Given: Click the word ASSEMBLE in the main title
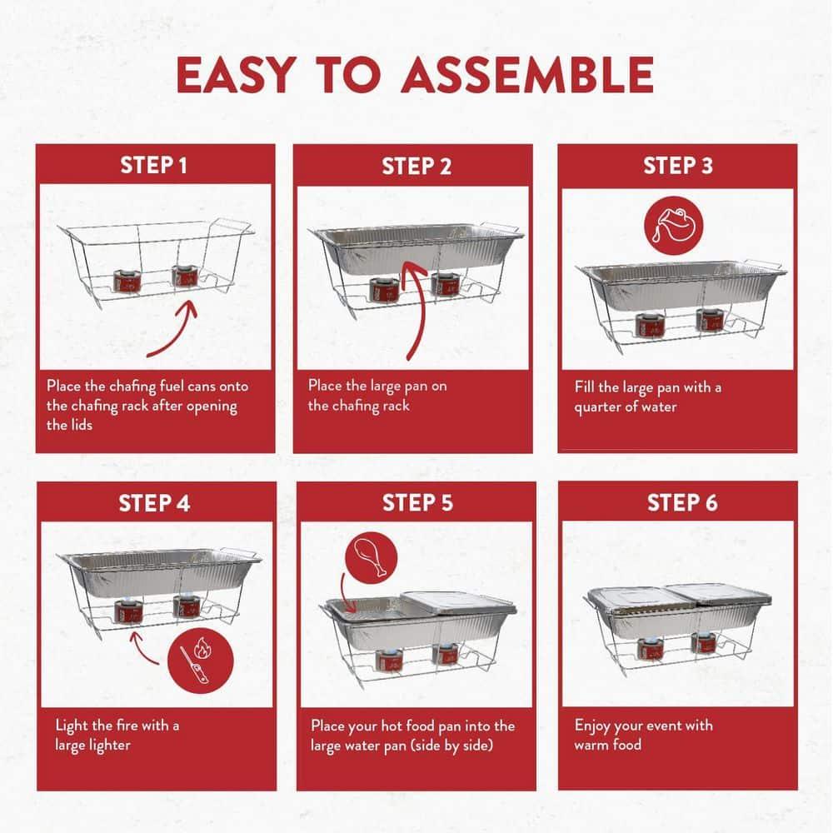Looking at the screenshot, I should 526,75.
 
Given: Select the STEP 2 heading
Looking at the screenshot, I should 416,166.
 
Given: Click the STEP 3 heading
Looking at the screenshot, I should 678,165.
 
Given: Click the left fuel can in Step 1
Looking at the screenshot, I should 127,280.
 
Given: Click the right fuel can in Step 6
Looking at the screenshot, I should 703,643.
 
